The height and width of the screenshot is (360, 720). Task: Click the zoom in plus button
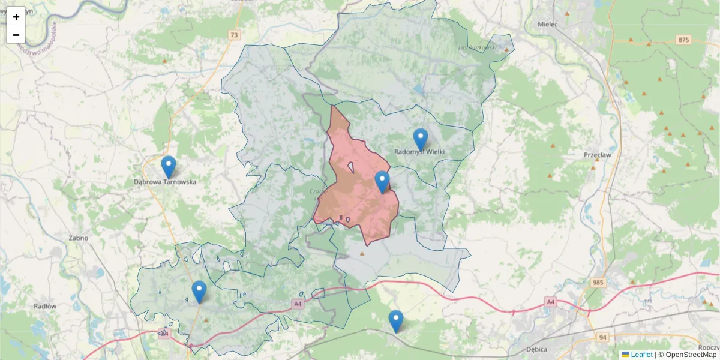click(16, 17)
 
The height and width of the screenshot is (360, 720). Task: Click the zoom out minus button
click(16, 35)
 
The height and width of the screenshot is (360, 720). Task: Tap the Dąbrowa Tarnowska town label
click(164, 181)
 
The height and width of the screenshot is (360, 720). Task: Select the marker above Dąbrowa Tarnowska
click(169, 167)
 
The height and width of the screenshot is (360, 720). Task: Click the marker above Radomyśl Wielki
click(421, 139)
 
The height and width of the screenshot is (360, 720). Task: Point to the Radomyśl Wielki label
click(420, 152)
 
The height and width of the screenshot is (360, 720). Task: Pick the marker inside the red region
click(382, 182)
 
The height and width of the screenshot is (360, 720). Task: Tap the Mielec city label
click(549, 25)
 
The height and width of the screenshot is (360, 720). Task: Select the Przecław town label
click(596, 154)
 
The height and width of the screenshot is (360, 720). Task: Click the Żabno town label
click(78, 238)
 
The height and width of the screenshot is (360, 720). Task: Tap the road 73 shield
click(233, 35)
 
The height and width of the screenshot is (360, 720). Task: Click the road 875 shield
click(683, 40)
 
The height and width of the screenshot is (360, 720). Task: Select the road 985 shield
click(598, 283)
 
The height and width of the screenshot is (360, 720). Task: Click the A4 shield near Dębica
click(550, 302)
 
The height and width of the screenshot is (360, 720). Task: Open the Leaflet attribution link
click(641, 355)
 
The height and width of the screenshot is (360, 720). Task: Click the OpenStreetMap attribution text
click(691, 355)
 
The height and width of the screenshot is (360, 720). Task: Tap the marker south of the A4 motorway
click(395, 321)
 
